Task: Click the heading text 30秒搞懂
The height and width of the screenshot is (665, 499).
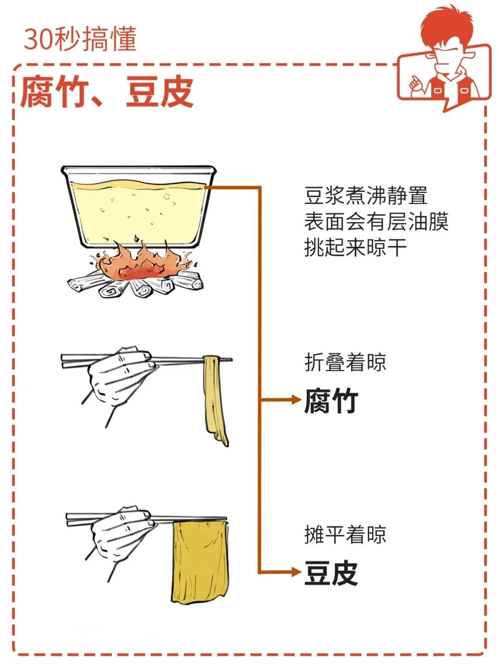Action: (80, 39)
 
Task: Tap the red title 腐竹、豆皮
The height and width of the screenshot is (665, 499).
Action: (107, 92)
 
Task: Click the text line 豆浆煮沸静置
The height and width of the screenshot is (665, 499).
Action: (365, 195)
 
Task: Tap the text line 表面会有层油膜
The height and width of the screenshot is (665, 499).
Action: (376, 221)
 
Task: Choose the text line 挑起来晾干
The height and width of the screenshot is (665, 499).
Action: (355, 247)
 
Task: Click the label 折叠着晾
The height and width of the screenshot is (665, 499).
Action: (345, 362)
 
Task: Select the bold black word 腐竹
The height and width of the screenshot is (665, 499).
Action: (331, 400)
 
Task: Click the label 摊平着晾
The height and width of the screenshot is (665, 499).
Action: (345, 534)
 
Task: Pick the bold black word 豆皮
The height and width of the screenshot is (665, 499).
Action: (331, 573)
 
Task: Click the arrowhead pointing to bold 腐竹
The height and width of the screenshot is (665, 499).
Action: (296, 400)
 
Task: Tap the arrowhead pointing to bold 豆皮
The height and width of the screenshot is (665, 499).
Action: (296, 572)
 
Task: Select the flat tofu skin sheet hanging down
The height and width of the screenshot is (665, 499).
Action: (200, 561)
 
